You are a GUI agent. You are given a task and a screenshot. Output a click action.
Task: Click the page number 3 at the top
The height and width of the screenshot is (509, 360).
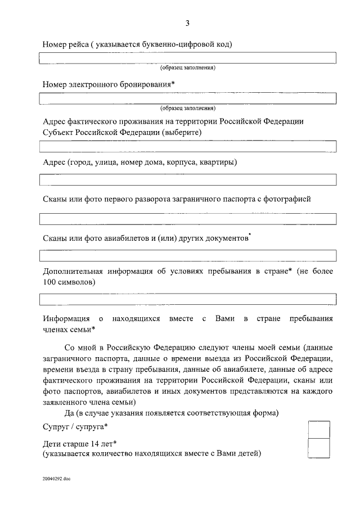187,23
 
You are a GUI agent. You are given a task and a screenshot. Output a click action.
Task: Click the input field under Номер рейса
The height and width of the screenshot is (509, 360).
187,58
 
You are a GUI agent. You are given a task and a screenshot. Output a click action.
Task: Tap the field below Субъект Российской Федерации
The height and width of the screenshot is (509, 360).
187,147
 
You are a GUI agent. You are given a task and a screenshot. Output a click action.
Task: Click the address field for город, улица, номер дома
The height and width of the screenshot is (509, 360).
187,180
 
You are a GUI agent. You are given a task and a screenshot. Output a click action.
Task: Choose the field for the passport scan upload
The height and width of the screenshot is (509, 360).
187,219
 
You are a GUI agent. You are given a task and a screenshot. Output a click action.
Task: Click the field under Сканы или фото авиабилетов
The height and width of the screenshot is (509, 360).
187,256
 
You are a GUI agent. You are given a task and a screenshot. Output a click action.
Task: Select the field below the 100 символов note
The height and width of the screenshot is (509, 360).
187,299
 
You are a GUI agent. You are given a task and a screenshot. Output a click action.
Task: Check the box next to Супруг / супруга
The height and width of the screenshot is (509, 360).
319,430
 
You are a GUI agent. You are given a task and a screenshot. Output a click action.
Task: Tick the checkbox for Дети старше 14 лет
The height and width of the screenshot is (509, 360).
319,448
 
